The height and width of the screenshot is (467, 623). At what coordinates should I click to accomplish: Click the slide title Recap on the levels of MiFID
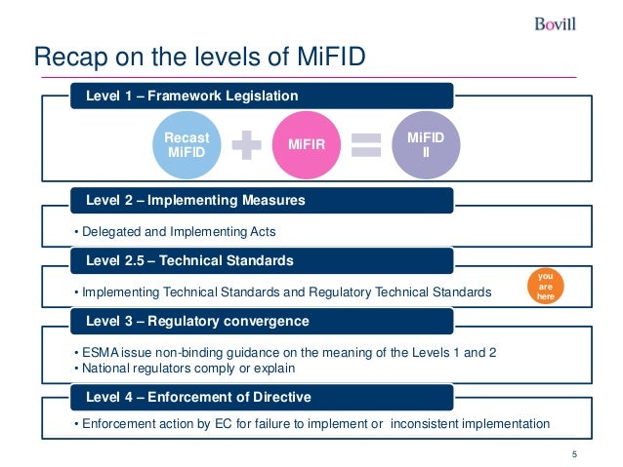coord(200,58)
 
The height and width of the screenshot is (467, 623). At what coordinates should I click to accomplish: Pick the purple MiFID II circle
coord(425,144)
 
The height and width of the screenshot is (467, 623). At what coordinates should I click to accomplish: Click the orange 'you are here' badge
coord(545,283)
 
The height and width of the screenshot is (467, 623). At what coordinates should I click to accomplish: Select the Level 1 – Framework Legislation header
coord(192,96)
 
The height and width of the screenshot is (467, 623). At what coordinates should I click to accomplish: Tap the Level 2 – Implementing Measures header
coord(195,200)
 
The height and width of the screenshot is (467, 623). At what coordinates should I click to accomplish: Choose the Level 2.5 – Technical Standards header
coord(189,260)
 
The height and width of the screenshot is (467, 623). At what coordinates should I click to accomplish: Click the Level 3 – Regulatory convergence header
coord(197,320)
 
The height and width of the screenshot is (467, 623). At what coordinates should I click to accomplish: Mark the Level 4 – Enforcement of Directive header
coord(198,396)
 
